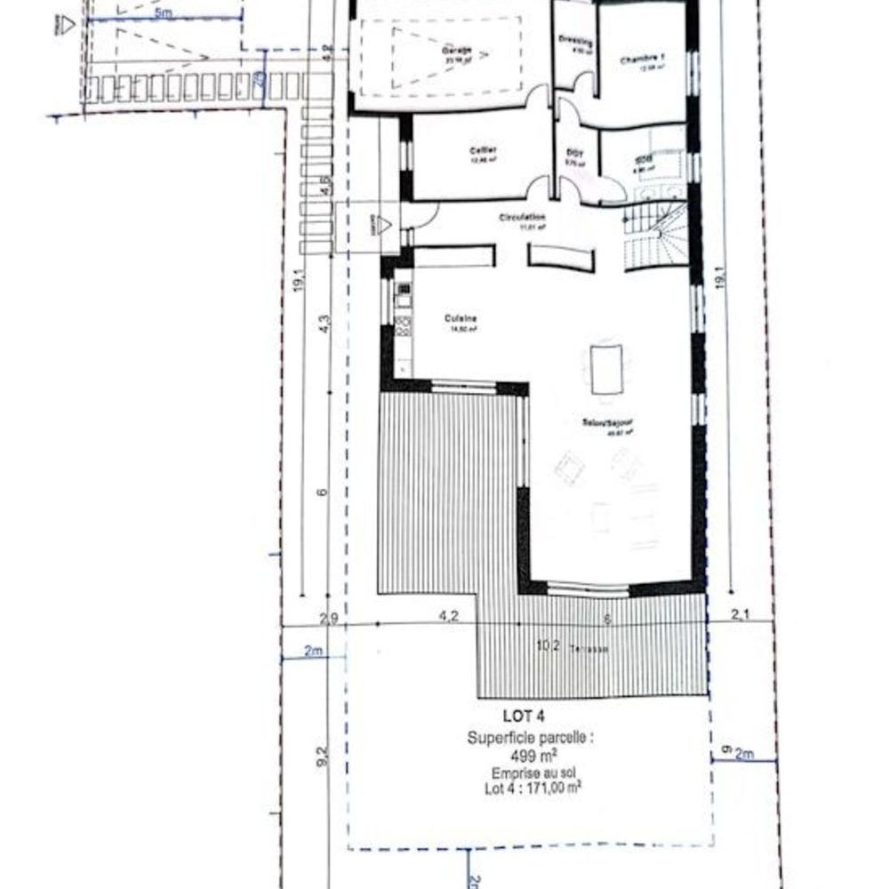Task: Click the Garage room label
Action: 457,52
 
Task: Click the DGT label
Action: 575,153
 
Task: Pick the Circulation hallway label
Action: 522,218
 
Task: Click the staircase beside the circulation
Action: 655,233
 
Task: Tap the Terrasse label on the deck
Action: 589,649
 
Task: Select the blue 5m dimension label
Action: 163,14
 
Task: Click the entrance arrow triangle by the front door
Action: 385,226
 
